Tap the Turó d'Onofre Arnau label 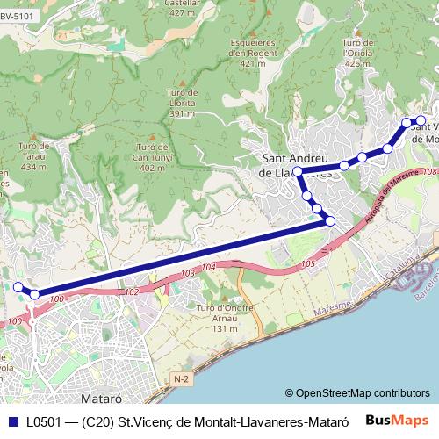coord(216,318)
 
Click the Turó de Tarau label coord(32,155)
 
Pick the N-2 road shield coord(181,378)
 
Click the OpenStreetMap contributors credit coord(356,393)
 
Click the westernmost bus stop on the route coord(18,287)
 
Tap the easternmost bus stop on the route coord(421,120)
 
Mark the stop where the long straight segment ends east coord(330,221)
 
